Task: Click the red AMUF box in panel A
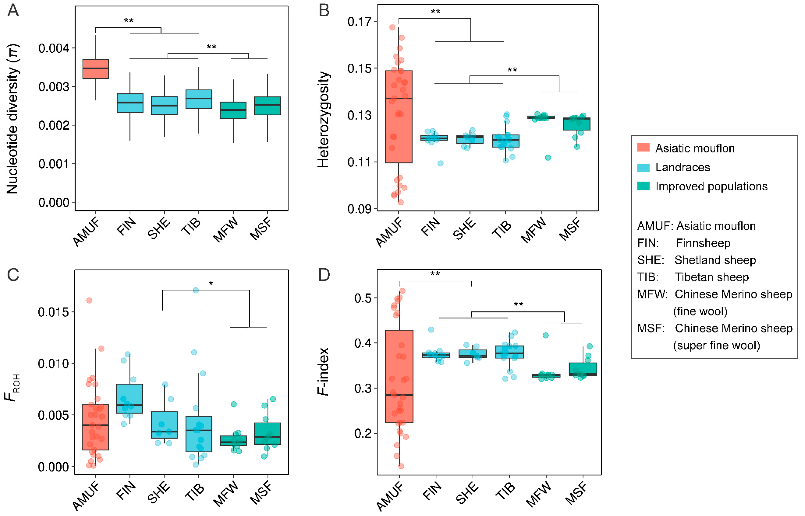tap(96, 69)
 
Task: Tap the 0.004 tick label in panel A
tap(54, 49)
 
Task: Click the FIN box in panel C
tap(130, 399)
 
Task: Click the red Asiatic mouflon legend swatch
tap(643, 147)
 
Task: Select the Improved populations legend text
tap(711, 186)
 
